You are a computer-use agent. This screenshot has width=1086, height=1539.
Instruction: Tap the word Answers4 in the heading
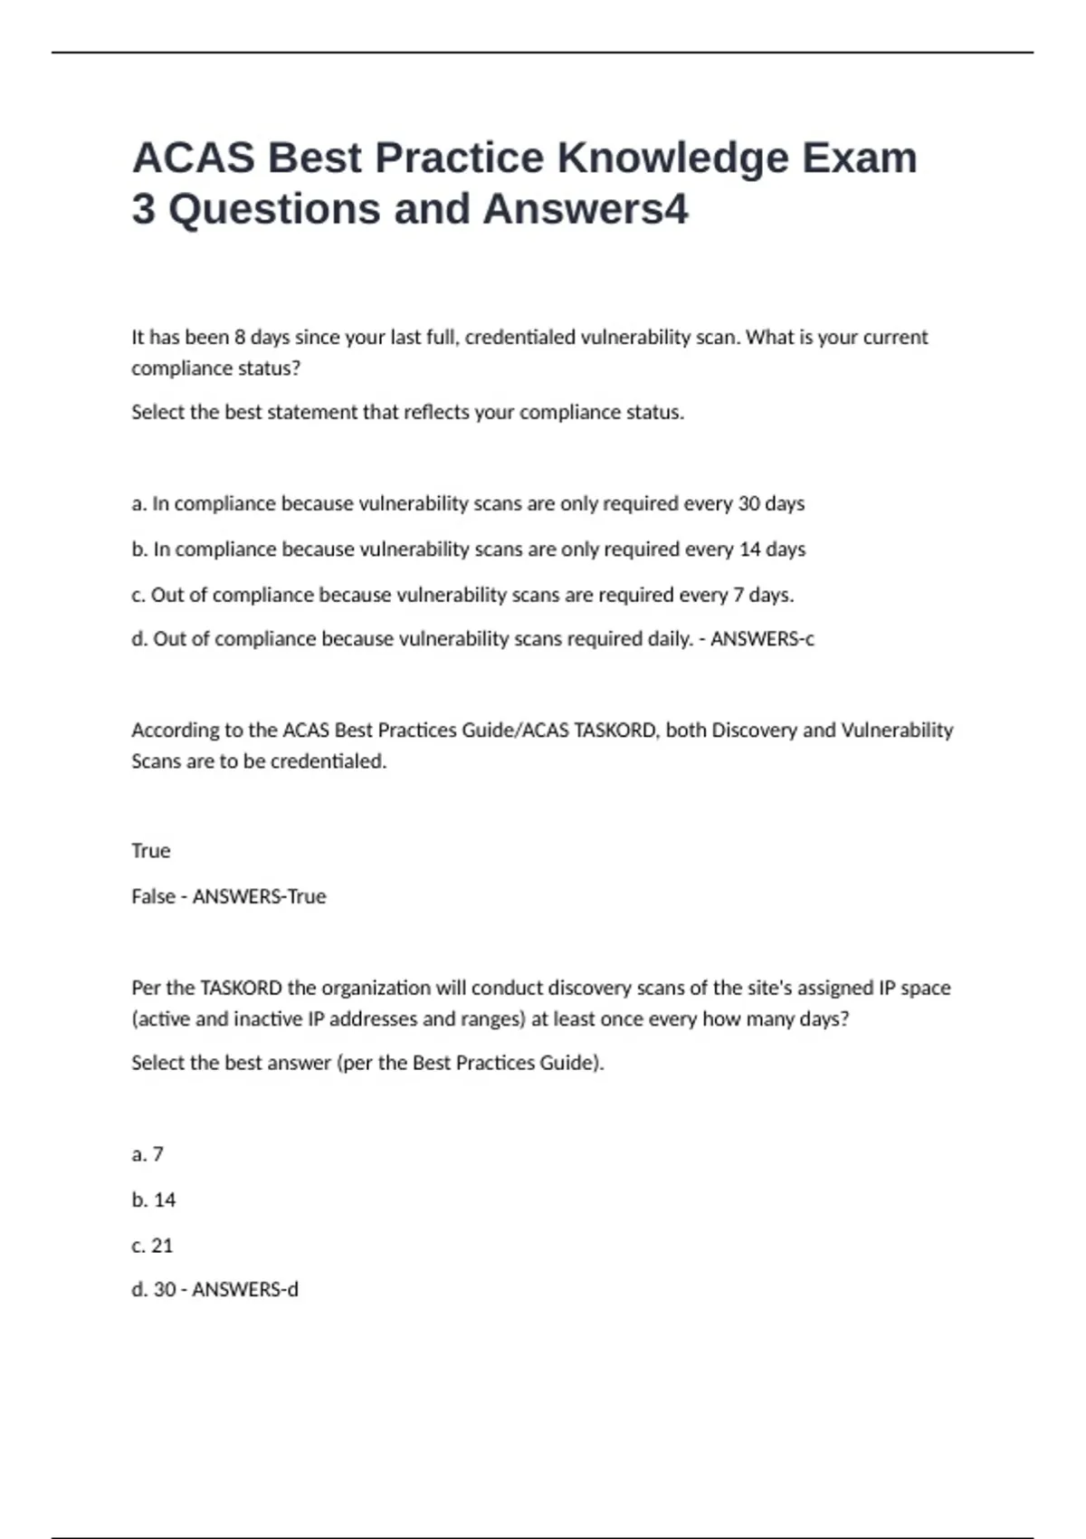(x=586, y=209)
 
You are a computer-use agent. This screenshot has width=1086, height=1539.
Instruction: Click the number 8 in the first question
(x=240, y=338)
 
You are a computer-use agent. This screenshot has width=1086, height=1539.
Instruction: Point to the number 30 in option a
(x=748, y=503)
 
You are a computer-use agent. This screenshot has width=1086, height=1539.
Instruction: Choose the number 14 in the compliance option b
(x=750, y=550)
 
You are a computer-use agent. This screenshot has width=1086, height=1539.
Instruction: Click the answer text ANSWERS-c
(x=762, y=639)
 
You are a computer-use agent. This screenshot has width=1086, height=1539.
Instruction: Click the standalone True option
(x=150, y=851)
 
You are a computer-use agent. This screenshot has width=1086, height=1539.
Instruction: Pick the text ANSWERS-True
(x=259, y=896)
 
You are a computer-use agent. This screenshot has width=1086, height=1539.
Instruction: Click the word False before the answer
(x=153, y=896)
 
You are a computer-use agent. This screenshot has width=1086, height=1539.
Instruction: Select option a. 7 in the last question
(x=148, y=1154)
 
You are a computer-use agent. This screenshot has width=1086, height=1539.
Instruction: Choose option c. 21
(x=152, y=1246)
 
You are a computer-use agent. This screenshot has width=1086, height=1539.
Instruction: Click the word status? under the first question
(x=269, y=368)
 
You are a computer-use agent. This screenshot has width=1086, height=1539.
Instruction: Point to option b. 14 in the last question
(x=153, y=1200)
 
